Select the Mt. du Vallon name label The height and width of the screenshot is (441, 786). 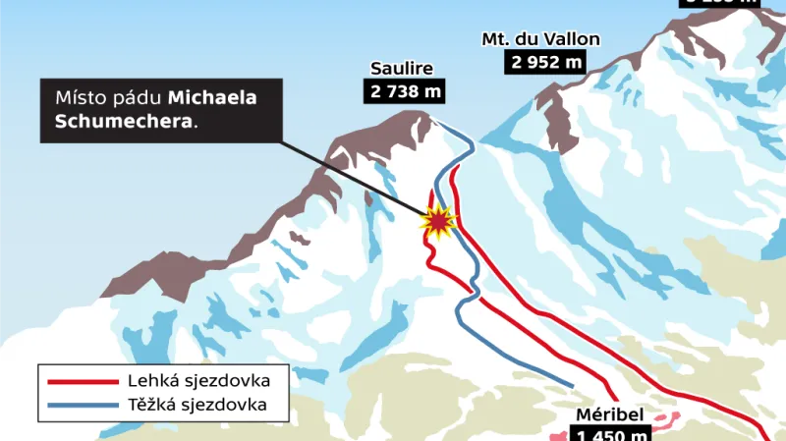(540, 39)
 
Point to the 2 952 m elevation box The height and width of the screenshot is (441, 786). (545, 62)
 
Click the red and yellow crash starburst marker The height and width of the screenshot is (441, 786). (437, 222)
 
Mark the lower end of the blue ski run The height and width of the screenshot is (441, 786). (572, 384)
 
